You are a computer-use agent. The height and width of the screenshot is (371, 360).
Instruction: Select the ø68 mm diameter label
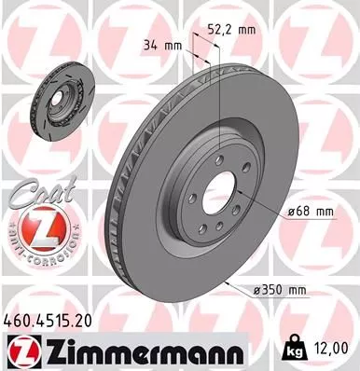coord(309,211)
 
